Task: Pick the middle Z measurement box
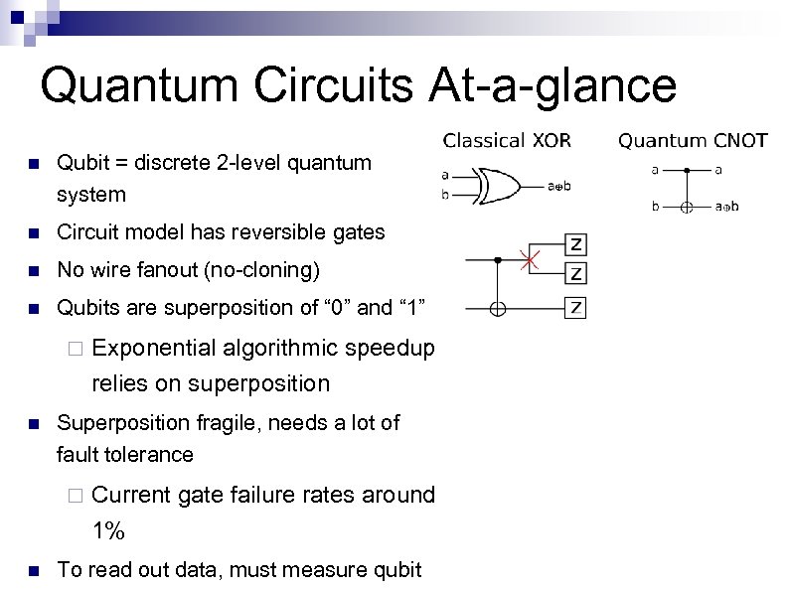click(x=574, y=272)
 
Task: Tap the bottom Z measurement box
click(x=574, y=307)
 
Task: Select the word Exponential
click(x=154, y=347)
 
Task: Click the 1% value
click(x=107, y=530)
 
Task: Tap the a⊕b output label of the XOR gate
click(x=558, y=185)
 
